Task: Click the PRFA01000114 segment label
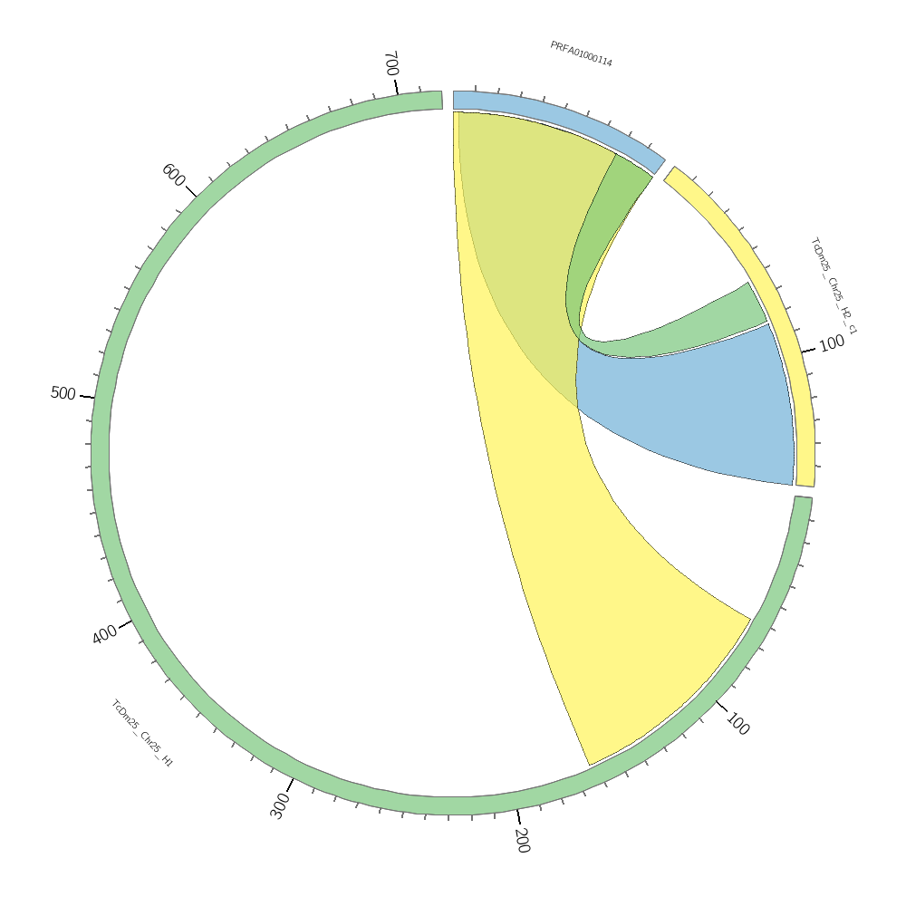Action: point(581,54)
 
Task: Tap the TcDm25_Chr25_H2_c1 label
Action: point(834,285)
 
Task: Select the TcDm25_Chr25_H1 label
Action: point(141,734)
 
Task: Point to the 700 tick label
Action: point(390,63)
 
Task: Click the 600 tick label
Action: point(173,175)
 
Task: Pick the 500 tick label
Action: point(63,393)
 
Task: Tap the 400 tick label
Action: point(104,634)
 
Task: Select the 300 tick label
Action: point(280,805)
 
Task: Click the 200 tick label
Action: point(522,840)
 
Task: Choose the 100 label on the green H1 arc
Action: point(737,725)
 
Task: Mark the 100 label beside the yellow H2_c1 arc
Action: point(832,343)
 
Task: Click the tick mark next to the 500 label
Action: point(87,396)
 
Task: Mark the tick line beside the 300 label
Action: point(291,784)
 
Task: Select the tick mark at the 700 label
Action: point(396,86)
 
